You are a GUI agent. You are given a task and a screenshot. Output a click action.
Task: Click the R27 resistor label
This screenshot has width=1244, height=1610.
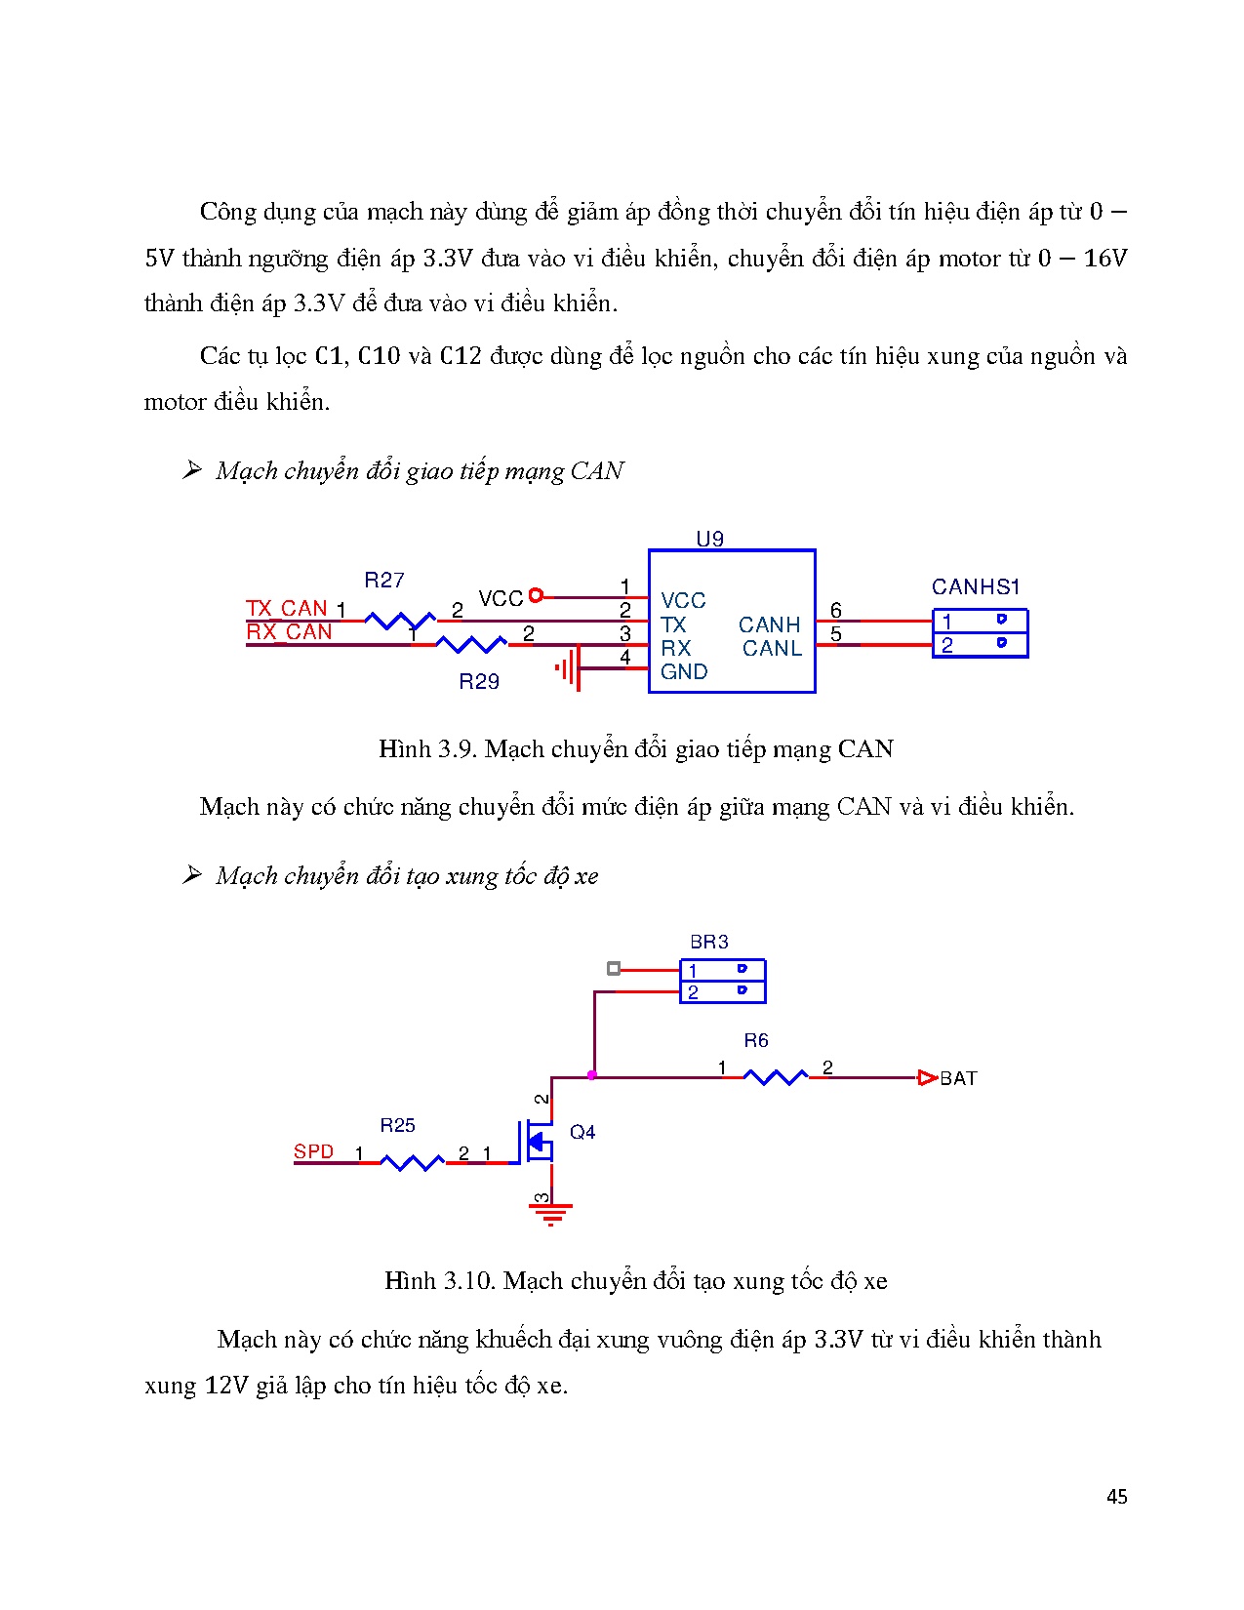pyautogui.click(x=383, y=581)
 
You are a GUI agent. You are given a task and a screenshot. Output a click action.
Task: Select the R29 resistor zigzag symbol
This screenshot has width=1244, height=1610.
pyautogui.click(x=470, y=644)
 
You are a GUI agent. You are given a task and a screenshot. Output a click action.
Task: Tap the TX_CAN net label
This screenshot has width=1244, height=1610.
pyautogui.click(x=287, y=608)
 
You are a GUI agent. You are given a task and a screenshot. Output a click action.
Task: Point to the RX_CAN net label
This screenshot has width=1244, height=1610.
pyautogui.click(x=289, y=632)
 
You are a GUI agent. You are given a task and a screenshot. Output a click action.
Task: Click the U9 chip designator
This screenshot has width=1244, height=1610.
pyautogui.click(x=709, y=539)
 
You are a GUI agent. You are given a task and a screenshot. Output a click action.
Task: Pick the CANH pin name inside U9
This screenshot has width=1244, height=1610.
pyautogui.click(x=769, y=624)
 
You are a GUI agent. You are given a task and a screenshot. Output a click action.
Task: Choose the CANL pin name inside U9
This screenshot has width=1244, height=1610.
pyautogui.click(x=772, y=648)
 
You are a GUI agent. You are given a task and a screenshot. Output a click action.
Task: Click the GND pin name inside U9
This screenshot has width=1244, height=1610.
pyautogui.click(x=684, y=671)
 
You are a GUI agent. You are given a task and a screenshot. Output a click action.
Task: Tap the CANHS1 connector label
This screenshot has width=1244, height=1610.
pyautogui.click(x=975, y=586)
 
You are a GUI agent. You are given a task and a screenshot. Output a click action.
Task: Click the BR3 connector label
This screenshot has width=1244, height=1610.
pyautogui.click(x=709, y=942)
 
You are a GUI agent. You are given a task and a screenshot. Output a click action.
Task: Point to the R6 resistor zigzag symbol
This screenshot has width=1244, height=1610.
pyautogui.click(x=775, y=1077)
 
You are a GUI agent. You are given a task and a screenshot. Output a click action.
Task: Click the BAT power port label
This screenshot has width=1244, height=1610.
pyautogui.click(x=958, y=1078)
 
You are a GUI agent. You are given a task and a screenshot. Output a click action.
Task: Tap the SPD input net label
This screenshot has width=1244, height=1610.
pyautogui.click(x=314, y=1151)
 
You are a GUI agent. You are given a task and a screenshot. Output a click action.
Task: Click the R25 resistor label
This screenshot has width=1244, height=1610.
pyautogui.click(x=397, y=1125)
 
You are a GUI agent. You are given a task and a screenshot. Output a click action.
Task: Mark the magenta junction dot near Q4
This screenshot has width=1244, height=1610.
pyautogui.click(x=592, y=1075)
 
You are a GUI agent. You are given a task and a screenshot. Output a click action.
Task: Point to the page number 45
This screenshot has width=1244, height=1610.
pyautogui.click(x=1117, y=1497)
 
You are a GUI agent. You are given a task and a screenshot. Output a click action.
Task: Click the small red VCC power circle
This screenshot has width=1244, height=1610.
pyautogui.click(x=535, y=595)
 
